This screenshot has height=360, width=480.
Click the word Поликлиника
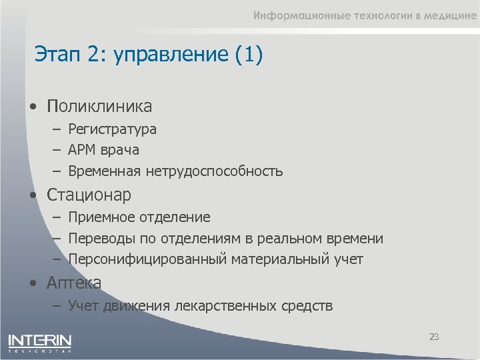coord(99,106)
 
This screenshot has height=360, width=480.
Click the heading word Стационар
coord(89,195)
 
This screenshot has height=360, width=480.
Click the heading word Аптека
coord(74,283)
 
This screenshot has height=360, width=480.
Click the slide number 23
coord(434,337)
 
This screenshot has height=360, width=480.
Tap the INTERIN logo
coord(39,341)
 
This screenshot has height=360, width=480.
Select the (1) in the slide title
coord(249,55)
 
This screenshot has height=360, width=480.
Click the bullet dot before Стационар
coord(33,196)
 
